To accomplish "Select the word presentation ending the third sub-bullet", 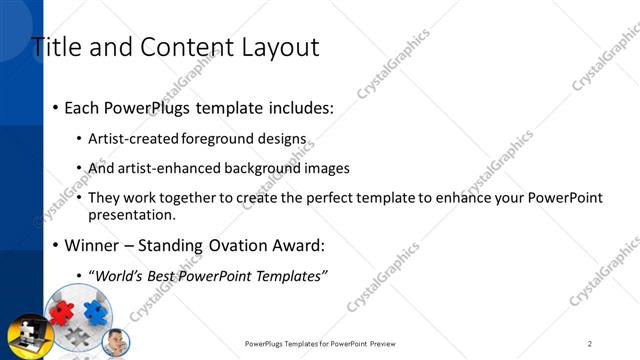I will [x=131, y=214].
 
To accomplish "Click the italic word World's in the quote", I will [x=120, y=276].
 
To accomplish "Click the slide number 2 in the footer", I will [x=590, y=343].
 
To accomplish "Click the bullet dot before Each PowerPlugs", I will [x=55, y=107].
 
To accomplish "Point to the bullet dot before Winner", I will [x=55, y=246].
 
